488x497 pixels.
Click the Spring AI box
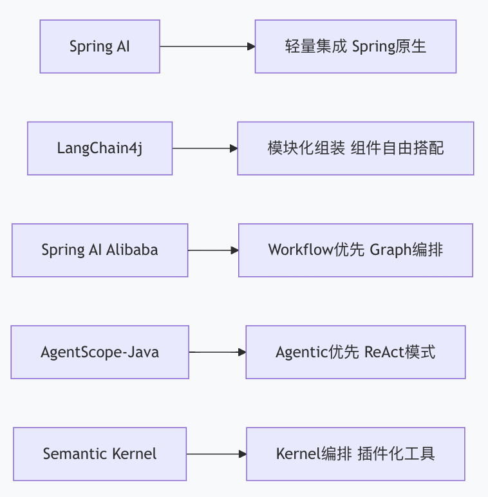[100, 46]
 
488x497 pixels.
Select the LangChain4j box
[100, 148]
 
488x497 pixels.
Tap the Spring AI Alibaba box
[100, 250]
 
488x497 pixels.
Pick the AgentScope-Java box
[100, 352]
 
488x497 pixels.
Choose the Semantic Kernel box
[100, 454]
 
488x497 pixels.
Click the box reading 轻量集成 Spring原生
[355, 46]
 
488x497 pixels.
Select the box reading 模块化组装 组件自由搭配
[355, 148]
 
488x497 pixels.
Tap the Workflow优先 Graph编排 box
[355, 250]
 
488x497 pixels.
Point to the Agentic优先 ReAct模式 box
[355, 352]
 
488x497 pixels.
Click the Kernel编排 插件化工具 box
[355, 454]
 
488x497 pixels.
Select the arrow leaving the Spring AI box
[206, 46]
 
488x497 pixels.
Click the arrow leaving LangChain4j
[204, 148]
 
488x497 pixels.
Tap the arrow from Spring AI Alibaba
[212, 250]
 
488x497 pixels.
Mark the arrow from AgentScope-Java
[217, 352]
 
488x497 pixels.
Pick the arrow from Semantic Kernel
[216, 454]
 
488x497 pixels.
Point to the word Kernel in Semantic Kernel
[135, 454]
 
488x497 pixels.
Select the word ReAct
[383, 352]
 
